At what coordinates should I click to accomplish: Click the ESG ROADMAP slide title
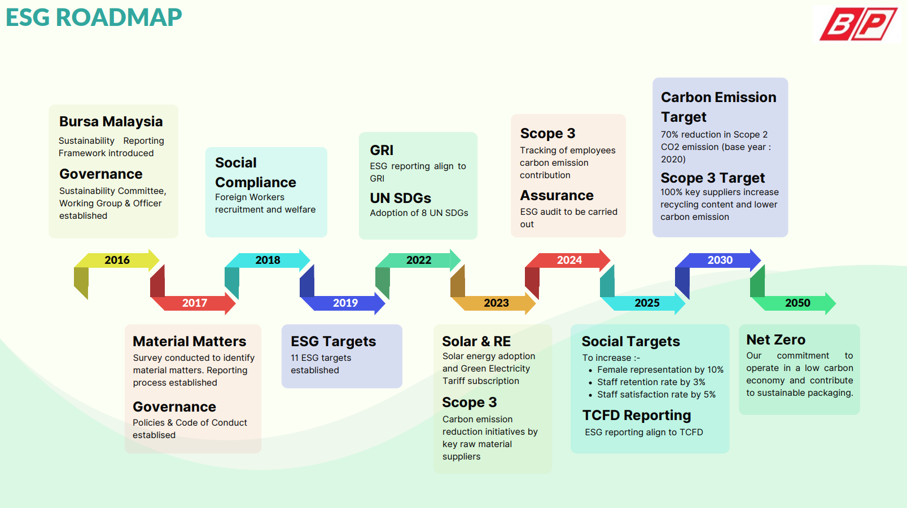(94, 17)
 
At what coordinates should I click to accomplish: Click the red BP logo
(858, 24)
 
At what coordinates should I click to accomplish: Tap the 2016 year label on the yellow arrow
(117, 260)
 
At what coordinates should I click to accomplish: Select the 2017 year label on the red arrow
(195, 303)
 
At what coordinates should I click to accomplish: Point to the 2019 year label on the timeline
(345, 303)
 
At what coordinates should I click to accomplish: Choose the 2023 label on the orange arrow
(496, 303)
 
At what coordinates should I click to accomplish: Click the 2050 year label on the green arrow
(798, 303)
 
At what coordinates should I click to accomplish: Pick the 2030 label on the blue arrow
(720, 260)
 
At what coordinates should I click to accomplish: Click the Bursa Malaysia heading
(111, 122)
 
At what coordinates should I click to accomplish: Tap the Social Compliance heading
(255, 173)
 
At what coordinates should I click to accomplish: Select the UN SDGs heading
(400, 198)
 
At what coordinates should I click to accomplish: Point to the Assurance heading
(557, 196)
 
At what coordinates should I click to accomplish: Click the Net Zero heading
(775, 340)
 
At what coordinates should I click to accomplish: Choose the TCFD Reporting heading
(636, 416)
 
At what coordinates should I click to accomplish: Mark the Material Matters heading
(189, 342)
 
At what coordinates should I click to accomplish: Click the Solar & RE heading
(476, 342)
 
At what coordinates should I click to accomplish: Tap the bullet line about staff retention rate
(651, 382)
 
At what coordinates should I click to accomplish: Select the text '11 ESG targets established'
(321, 364)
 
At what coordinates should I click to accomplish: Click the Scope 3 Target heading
(712, 178)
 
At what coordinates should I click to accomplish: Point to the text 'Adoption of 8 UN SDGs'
(419, 213)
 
